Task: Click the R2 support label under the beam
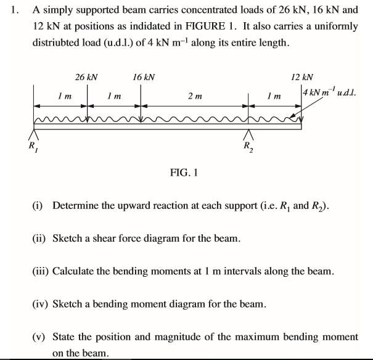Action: [x=247, y=147]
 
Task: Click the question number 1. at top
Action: [x=14, y=10]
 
